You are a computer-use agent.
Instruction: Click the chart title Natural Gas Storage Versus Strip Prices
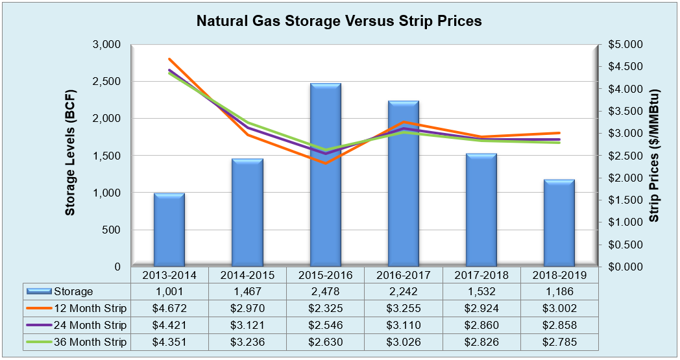click(x=339, y=21)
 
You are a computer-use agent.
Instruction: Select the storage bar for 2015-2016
click(x=325, y=175)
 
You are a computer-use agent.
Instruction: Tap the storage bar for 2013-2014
click(x=169, y=230)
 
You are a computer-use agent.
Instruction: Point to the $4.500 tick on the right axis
click(x=624, y=67)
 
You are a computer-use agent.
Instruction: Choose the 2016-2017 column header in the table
click(x=403, y=275)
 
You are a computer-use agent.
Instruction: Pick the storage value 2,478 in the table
click(x=325, y=292)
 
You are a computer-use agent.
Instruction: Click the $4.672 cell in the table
click(x=169, y=308)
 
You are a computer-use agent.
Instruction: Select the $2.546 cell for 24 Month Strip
click(x=325, y=325)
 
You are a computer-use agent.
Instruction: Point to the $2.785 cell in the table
click(x=559, y=342)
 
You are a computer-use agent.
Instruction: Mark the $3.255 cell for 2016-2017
click(x=403, y=308)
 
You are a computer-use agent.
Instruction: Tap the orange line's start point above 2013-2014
click(x=169, y=59)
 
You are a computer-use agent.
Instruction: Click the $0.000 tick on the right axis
click(x=624, y=267)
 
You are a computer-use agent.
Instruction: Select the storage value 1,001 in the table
click(x=169, y=292)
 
